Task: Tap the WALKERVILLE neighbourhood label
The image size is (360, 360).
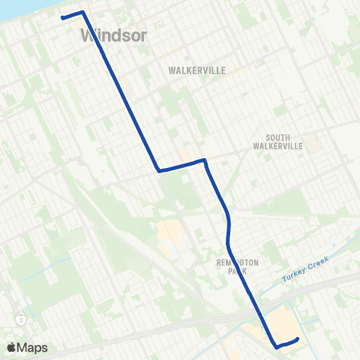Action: [x=197, y=69]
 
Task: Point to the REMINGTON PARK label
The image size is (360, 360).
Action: [x=237, y=267]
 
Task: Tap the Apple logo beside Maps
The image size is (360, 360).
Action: [x=12, y=347]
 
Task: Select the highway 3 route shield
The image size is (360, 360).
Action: [x=22, y=319]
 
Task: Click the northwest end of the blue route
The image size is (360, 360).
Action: [x=62, y=17]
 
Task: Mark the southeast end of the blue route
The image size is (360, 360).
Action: [x=298, y=339]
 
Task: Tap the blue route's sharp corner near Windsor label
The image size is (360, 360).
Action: [x=82, y=12]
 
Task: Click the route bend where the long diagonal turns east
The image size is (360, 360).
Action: [x=158, y=170]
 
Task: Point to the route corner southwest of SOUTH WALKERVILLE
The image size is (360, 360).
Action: [x=204, y=160]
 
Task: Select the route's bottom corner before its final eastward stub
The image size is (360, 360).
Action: [x=277, y=346]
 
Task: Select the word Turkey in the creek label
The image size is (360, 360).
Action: [x=292, y=279]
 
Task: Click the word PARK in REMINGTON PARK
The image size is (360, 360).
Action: [x=237, y=271]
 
